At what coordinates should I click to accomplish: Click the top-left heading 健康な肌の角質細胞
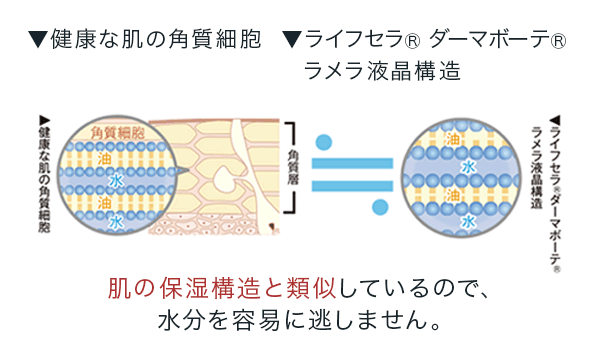[155, 40]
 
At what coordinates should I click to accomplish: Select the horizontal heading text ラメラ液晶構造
[382, 71]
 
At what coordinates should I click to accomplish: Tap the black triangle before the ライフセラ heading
[292, 40]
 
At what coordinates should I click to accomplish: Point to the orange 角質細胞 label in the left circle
[117, 133]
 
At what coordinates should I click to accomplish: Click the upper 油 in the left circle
[104, 158]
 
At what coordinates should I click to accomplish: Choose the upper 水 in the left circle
[116, 181]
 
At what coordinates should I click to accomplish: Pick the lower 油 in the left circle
[104, 202]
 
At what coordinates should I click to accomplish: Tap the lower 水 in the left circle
[116, 222]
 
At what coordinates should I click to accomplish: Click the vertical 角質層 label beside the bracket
[293, 167]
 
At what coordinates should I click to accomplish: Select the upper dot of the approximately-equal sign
[323, 142]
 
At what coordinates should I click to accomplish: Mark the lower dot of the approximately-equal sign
[380, 207]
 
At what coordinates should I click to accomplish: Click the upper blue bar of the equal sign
[352, 163]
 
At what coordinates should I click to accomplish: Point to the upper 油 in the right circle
[452, 139]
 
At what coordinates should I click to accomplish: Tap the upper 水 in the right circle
[468, 167]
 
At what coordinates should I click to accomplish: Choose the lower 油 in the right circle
[452, 194]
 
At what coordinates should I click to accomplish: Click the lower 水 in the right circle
[468, 221]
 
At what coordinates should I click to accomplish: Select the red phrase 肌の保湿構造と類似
[222, 289]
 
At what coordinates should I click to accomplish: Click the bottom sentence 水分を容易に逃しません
[300, 320]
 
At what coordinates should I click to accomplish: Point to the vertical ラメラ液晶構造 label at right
[537, 168]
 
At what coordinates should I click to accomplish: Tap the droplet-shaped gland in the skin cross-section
[224, 180]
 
